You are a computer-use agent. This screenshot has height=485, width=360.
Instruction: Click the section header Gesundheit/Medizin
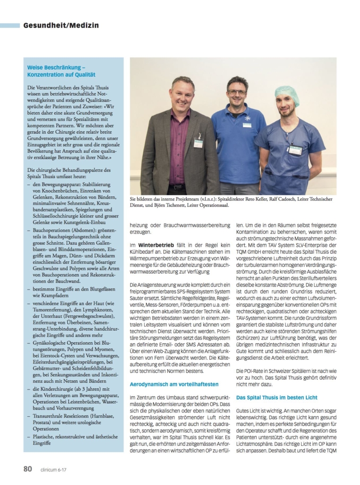[x=61, y=25]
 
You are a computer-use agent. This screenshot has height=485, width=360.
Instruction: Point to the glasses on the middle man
[x=237, y=92]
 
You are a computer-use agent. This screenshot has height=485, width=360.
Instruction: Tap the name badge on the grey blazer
[x=198, y=142]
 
